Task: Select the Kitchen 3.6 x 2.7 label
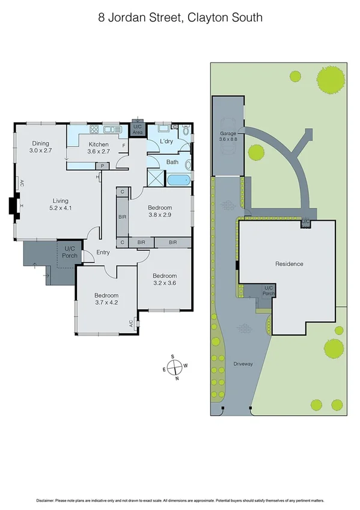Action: [x=99, y=149]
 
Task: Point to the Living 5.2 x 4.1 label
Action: [x=61, y=204]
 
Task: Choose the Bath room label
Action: [x=172, y=162]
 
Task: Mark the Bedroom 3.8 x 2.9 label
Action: [x=160, y=211]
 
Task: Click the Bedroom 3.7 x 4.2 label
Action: [x=106, y=299]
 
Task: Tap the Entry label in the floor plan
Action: [x=103, y=252]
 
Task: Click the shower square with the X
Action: [x=155, y=178]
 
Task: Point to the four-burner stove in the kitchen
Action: [x=94, y=129]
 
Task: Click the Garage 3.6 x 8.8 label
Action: [x=227, y=137]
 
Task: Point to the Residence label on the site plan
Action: [x=289, y=264]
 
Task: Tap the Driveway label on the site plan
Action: [x=244, y=364]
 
